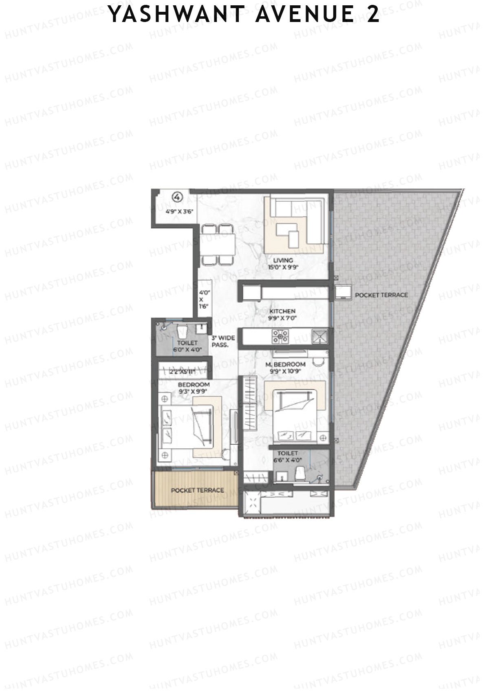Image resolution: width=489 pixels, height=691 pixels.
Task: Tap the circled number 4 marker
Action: pos(177,197)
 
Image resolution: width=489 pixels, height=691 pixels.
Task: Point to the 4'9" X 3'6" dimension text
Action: pos(178,211)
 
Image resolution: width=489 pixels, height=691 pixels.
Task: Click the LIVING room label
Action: pos(283,261)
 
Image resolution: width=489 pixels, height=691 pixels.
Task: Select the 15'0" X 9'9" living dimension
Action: pos(283,268)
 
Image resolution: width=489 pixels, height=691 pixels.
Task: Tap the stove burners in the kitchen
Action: pos(280,336)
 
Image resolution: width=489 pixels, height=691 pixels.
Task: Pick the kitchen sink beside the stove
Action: pos(319,336)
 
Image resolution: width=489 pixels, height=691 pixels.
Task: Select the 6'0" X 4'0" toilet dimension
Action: pos(187,349)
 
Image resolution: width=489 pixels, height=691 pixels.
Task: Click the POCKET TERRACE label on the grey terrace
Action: pos(381,295)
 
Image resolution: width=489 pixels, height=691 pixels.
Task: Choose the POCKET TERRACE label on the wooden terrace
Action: pos(197,490)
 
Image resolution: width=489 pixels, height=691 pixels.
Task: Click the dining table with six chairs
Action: pos(217,244)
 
